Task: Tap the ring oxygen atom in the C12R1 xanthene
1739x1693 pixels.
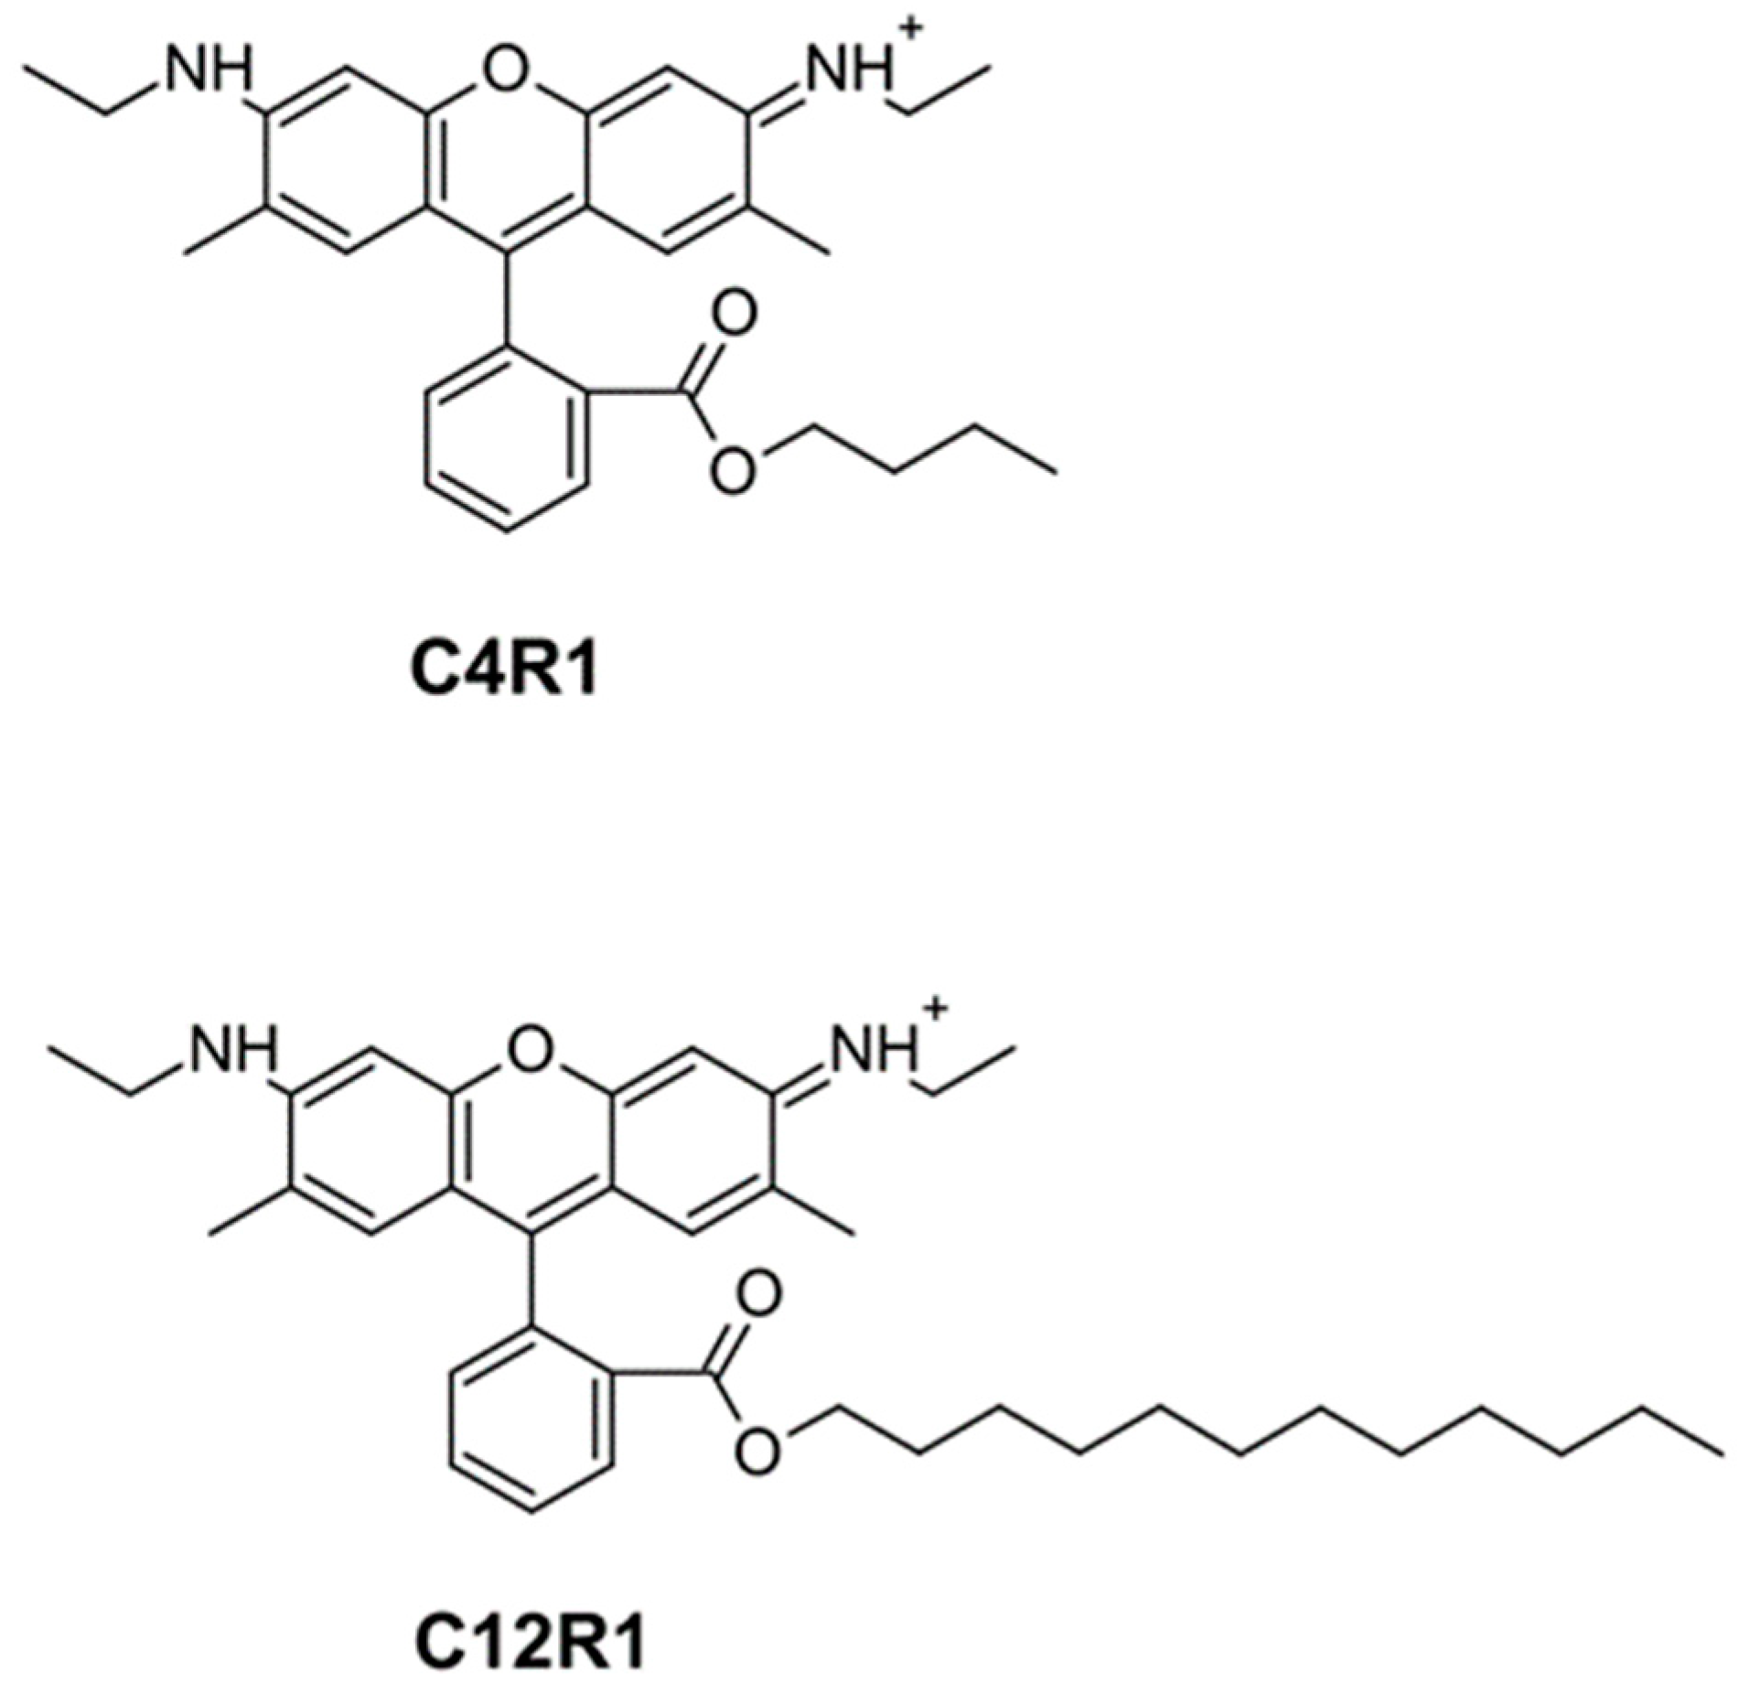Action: [x=531, y=1048]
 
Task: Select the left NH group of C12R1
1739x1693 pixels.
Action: [x=232, y=1048]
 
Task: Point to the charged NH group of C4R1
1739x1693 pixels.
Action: [x=846, y=70]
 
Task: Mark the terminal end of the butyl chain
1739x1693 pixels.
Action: [x=1057, y=473]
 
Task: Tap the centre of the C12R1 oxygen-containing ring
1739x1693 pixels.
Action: [x=531, y=1140]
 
